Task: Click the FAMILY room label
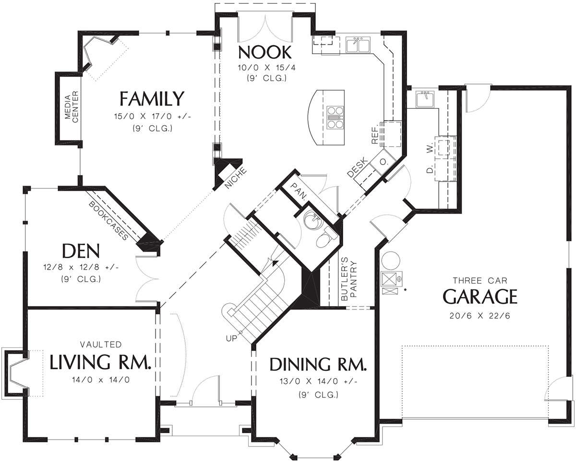click(152, 98)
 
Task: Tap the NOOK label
click(264, 52)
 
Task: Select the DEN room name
click(81, 250)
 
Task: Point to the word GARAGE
click(480, 296)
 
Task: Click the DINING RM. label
click(318, 364)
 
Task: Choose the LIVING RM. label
click(100, 362)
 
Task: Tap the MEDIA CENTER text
click(72, 107)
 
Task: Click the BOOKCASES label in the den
click(108, 220)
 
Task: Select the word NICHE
click(235, 178)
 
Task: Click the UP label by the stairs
click(231, 338)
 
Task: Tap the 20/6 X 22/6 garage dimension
click(480, 316)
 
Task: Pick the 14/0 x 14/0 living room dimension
click(101, 380)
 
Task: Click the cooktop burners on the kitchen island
click(335, 118)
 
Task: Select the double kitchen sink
click(358, 45)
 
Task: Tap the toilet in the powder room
click(325, 237)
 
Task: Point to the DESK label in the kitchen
click(357, 168)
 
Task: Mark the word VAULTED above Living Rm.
click(101, 344)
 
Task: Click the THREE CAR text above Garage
click(480, 281)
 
